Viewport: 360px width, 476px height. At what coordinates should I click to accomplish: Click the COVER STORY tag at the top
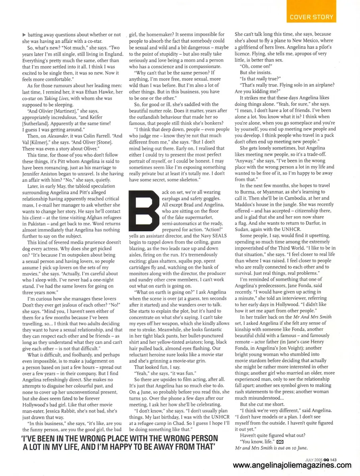coord(312,17)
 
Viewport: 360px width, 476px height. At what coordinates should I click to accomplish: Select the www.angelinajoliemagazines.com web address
coord(292,466)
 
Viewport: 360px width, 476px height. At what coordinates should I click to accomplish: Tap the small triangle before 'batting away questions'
coord(24,35)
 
